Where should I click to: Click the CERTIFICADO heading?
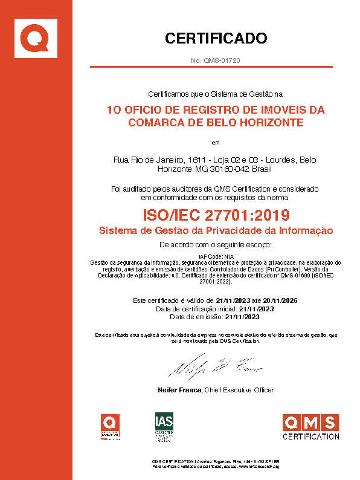tap(216, 39)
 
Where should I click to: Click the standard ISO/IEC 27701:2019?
tap(216, 215)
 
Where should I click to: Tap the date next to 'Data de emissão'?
tap(242, 316)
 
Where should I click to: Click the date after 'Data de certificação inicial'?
tap(257, 308)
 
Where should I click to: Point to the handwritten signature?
tap(215, 366)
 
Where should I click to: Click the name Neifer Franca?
tap(179, 390)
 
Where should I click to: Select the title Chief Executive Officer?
tap(240, 390)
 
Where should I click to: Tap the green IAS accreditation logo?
tap(164, 427)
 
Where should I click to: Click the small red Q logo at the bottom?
tap(110, 426)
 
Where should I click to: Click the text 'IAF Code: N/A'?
tap(216, 257)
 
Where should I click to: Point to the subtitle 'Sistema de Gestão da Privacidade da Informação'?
tap(216, 230)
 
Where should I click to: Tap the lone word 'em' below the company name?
tap(216, 143)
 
